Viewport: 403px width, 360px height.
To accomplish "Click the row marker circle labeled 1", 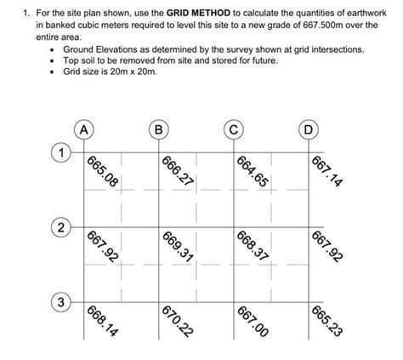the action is coord(60,153).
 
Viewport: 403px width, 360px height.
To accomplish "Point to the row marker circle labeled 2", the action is coord(60,228).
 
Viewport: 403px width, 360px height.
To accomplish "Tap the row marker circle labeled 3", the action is coord(60,303).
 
